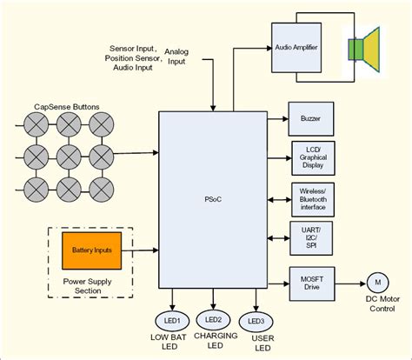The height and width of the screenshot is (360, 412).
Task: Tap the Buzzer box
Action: tap(310, 117)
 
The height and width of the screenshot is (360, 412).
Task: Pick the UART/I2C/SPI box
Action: tap(310, 237)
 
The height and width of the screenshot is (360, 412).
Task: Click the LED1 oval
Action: tap(173, 319)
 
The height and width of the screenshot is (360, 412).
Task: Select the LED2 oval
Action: tap(214, 319)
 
